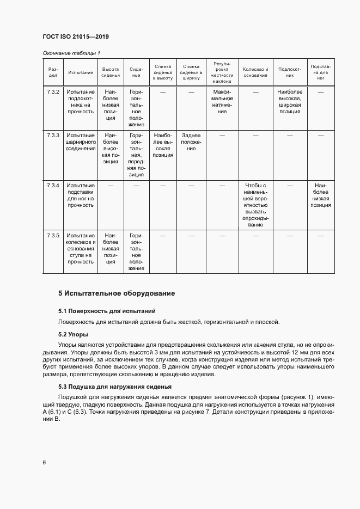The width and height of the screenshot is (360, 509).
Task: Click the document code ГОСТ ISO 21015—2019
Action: point(76,36)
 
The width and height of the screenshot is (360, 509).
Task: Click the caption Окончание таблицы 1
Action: point(71,53)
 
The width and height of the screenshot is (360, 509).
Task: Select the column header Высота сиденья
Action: point(111,72)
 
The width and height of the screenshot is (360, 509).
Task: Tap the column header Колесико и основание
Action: point(255,72)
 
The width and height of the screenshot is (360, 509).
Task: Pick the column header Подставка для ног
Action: point(320,72)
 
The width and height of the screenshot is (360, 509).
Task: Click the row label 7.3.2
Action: point(53,91)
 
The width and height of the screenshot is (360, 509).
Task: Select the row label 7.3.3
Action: point(53,135)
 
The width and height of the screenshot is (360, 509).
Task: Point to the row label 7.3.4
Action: point(53,186)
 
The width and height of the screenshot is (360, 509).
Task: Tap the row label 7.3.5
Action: point(53,235)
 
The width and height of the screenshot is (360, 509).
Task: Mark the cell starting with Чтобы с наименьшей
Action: point(255,205)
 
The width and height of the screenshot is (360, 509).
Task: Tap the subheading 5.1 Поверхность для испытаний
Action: point(107,311)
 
